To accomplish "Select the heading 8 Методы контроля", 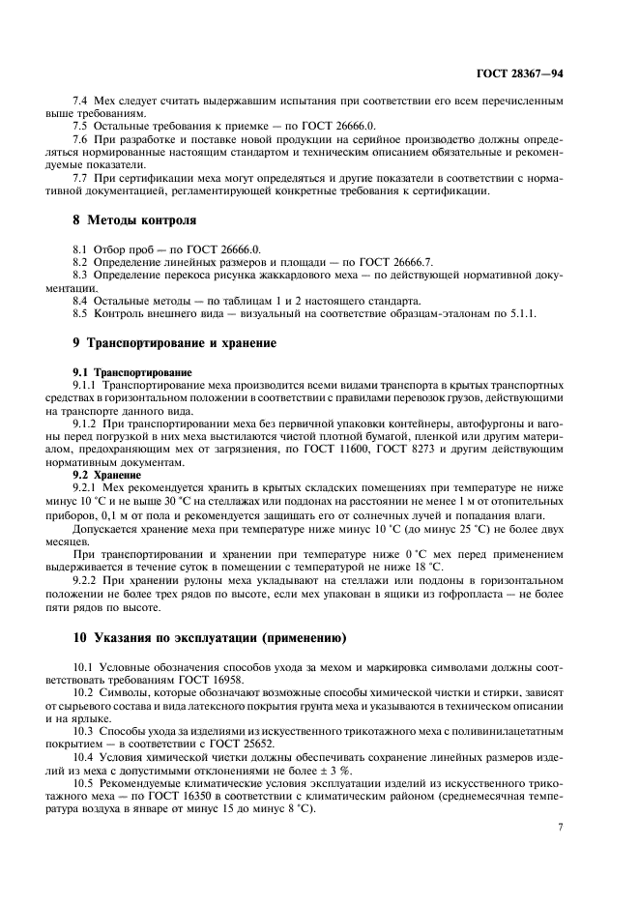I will pos(134,220).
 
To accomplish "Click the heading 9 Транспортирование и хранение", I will pos(175,343).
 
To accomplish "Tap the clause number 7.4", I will pos(82,102).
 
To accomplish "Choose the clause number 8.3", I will pos(82,275).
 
